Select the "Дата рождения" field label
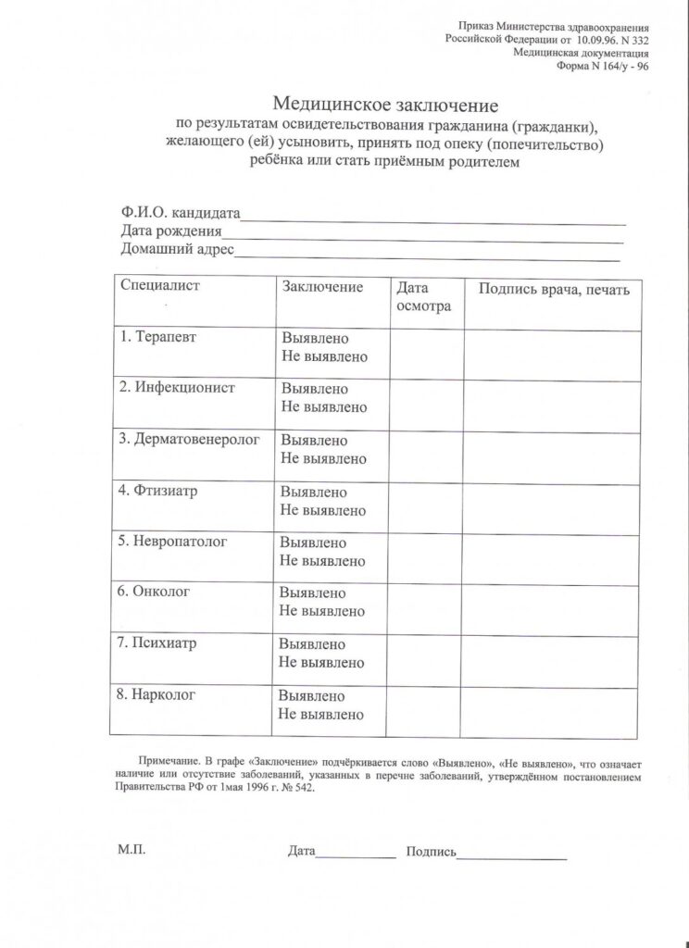(172, 231)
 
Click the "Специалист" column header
(160, 286)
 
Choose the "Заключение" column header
(321, 287)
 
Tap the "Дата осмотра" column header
(423, 296)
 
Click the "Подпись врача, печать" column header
(553, 289)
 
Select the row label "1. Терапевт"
(158, 337)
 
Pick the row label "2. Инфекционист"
(177, 388)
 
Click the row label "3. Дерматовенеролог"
(190, 439)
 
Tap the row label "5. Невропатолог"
(173, 542)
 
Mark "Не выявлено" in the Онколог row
(322, 611)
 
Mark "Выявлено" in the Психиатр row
(312, 643)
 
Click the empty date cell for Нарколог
(426, 712)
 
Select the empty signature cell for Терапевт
(552, 355)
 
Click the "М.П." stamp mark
(132, 849)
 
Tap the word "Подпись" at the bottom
(431, 851)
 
